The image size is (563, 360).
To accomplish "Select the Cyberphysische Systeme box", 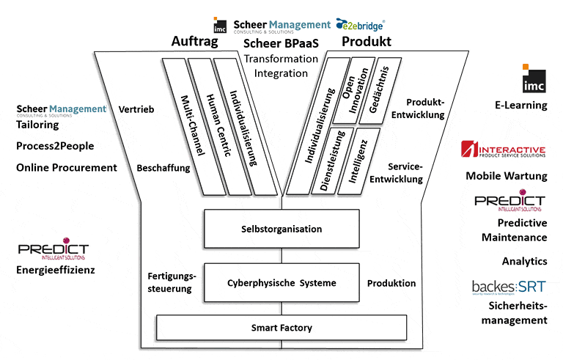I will click(281, 283).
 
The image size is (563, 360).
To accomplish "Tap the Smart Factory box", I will click(281, 326).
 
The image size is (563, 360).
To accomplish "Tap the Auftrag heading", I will click(195, 42).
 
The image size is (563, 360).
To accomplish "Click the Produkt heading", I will click(366, 42).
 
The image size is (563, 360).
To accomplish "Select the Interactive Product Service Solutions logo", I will click(503, 150).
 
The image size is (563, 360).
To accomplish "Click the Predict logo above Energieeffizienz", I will click(54, 249).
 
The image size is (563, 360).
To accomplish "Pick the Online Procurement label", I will click(67, 167).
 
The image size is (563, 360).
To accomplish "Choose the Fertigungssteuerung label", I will click(170, 282).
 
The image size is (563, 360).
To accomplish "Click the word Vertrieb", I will click(136, 110).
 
